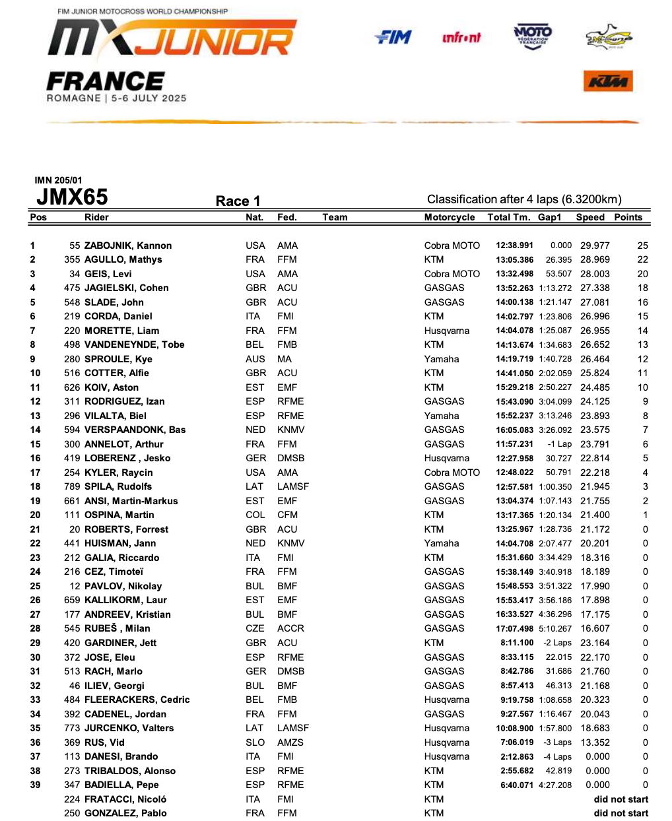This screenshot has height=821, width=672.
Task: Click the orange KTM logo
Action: [608, 81]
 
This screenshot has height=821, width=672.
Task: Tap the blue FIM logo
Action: [393, 38]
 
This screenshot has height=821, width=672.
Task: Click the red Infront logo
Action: [461, 38]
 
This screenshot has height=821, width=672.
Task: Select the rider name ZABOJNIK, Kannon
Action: [128, 246]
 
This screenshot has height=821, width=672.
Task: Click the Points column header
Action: [628, 217]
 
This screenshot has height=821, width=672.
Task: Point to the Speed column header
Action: [589, 217]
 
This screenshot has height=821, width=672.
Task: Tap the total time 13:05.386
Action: [514, 259]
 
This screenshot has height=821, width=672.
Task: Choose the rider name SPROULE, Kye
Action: [118, 359]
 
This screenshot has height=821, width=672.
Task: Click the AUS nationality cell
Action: [255, 359]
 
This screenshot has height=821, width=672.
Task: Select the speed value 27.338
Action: [595, 288]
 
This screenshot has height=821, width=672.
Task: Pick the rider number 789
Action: [72, 486]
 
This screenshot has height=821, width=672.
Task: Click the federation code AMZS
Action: [290, 742]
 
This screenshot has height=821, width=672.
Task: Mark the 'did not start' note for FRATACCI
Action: [621, 799]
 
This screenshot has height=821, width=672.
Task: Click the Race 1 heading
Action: [238, 201]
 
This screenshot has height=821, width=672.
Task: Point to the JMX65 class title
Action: [72, 197]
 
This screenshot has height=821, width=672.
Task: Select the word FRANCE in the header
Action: [105, 82]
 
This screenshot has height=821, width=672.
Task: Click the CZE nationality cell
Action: [255, 628]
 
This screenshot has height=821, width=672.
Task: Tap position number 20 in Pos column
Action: [35, 515]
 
